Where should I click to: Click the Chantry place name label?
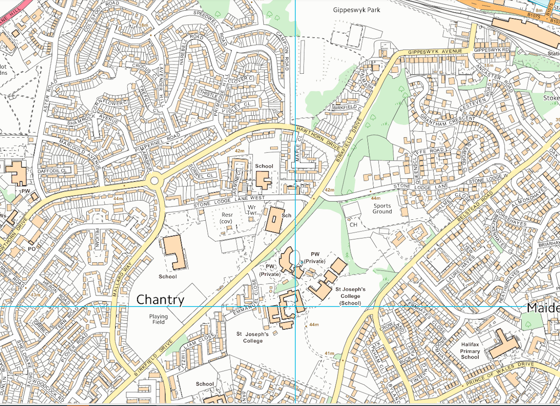point(160,300)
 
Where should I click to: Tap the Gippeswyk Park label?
point(357,10)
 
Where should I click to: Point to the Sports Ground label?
point(382,208)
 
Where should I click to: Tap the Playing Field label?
point(159,319)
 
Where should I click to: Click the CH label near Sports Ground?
point(353,224)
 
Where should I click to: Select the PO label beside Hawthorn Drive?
point(32,249)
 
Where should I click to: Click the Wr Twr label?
point(252,210)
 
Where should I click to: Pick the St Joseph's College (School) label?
point(350,296)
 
